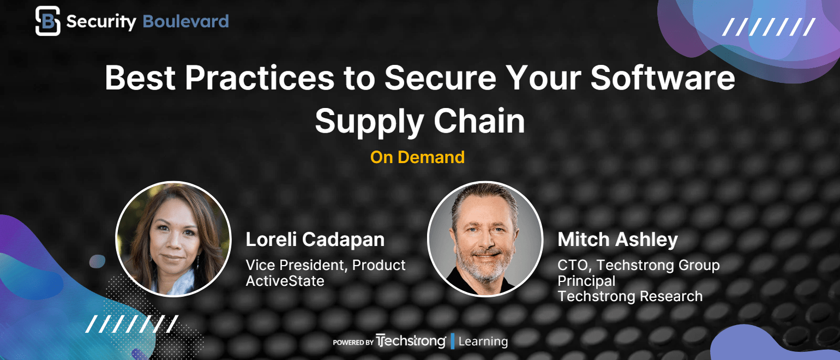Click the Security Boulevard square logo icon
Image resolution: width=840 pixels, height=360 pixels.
click(47, 21)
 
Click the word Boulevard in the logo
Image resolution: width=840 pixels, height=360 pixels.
click(186, 21)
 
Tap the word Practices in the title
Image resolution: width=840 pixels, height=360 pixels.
click(260, 78)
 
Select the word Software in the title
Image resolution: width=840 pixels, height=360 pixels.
click(663, 78)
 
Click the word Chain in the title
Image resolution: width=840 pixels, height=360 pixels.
click(479, 121)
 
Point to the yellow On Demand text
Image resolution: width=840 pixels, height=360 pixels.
click(417, 157)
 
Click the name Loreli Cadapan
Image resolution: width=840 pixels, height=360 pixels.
click(315, 239)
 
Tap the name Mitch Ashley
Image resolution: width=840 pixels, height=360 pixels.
click(617, 239)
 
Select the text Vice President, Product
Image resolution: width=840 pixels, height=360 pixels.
click(326, 265)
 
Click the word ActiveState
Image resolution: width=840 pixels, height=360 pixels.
click(285, 281)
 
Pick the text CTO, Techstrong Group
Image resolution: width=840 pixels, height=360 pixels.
click(639, 265)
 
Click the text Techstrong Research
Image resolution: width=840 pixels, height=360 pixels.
click(630, 296)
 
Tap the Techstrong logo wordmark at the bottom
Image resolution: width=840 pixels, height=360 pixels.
click(411, 341)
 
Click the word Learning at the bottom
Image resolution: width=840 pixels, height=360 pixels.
click(483, 341)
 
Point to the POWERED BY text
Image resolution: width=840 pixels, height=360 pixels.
click(353, 343)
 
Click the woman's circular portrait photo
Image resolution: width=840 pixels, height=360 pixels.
click(173, 239)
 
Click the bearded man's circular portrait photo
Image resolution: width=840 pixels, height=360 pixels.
click(485, 239)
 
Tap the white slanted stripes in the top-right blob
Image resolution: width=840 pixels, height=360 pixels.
click(769, 27)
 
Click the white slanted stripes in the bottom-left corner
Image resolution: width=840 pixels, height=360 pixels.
click(132, 324)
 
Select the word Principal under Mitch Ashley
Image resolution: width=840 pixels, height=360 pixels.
click(586, 281)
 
